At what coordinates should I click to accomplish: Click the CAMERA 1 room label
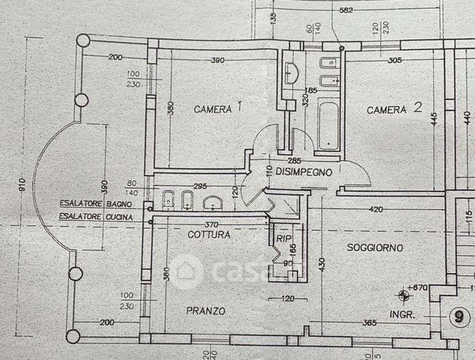click(x=218, y=108)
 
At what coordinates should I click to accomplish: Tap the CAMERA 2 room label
click(x=395, y=109)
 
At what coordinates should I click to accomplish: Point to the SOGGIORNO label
click(x=375, y=248)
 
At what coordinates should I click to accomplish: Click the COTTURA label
click(x=209, y=235)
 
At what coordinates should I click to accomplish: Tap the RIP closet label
click(x=282, y=238)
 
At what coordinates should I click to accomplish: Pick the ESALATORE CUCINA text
click(x=94, y=216)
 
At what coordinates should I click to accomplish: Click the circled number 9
click(x=459, y=316)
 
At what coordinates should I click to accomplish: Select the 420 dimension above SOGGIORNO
click(x=376, y=209)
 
